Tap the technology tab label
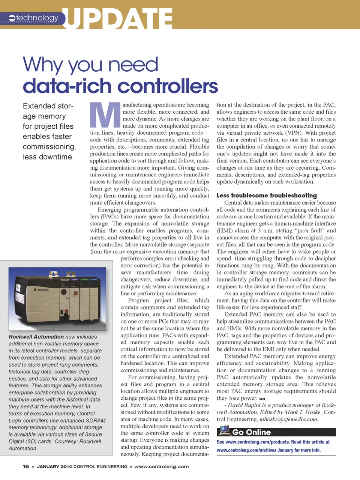coord(37,18)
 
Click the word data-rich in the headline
coord(62,86)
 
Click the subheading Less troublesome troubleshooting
coord(267,196)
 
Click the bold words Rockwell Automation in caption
coord(36,337)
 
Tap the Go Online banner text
coord(251,432)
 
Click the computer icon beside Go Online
coord(224,431)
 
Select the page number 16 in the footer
coord(26,466)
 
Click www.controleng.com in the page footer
coord(162,466)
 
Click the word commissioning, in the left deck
coord(49,147)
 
